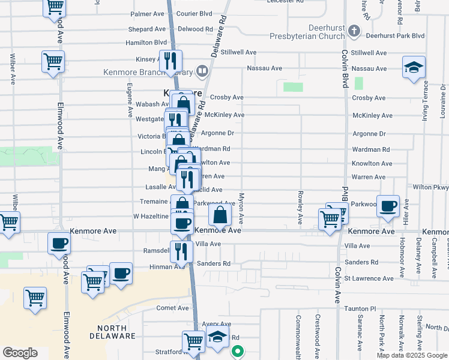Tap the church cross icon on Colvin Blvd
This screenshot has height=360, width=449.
tap(355, 31)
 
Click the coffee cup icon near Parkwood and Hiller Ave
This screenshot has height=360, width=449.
tap(388, 206)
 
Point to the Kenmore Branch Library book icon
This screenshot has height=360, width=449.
tap(202, 73)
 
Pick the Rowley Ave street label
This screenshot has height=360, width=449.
tap(299, 205)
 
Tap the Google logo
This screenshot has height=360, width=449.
tap(20, 353)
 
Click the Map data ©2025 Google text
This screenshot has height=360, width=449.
tap(412, 355)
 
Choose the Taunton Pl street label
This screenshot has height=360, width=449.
tap(360, 308)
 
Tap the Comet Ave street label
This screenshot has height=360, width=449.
tap(173, 308)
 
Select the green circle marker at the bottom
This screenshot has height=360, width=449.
tap(238, 352)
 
